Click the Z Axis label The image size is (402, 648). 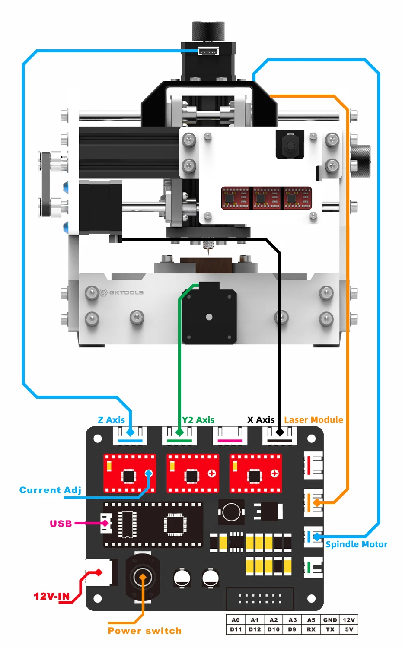pyautogui.click(x=112, y=420)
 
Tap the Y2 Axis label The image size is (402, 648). pyautogui.click(x=198, y=420)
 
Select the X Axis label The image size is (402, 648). pyautogui.click(x=261, y=420)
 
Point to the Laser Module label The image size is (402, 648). pyautogui.click(x=314, y=420)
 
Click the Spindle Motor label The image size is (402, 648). pyautogui.click(x=356, y=544)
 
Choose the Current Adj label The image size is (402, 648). pyautogui.click(x=50, y=490)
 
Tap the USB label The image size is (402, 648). pyautogui.click(x=61, y=523)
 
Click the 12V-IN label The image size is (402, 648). pyautogui.click(x=52, y=596)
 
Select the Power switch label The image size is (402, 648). pyautogui.click(x=145, y=631)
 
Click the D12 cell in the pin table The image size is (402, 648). pyautogui.click(x=255, y=629)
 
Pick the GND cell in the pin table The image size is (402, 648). pyautogui.click(x=330, y=620)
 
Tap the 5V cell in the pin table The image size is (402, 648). pyautogui.click(x=349, y=629)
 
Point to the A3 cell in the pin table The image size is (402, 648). pyautogui.click(x=292, y=620)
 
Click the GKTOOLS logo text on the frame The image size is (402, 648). pyautogui.click(x=126, y=292)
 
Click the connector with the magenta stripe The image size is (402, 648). pyautogui.click(x=230, y=435)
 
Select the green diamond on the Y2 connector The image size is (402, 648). pyautogui.click(x=179, y=432)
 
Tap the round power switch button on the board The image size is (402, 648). pyautogui.click(x=142, y=578)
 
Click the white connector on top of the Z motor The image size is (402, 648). pyautogui.click(x=208, y=51)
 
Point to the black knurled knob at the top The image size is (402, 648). pyautogui.click(x=208, y=32)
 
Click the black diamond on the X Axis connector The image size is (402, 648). pyautogui.click(x=280, y=432)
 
